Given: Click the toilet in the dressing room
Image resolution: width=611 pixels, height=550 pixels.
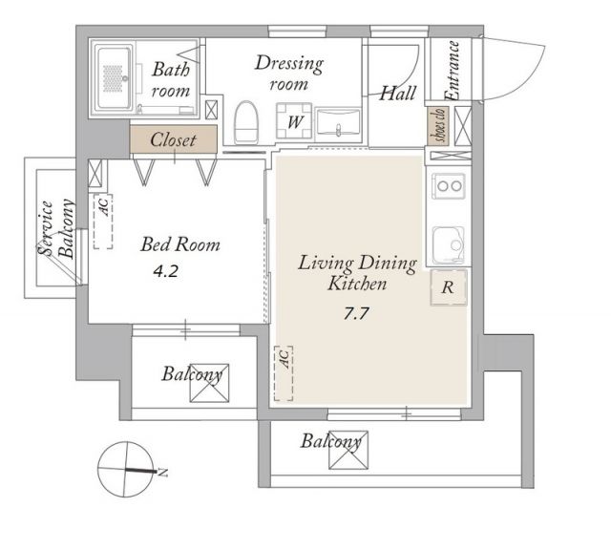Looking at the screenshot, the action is pyautogui.click(x=245, y=122).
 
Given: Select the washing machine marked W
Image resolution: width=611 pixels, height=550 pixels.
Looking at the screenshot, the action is pyautogui.click(x=294, y=121).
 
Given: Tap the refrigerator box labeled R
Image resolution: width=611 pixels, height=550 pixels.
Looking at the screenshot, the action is pyautogui.click(x=449, y=287).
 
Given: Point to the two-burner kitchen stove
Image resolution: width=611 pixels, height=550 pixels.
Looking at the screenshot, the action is pyautogui.click(x=449, y=186).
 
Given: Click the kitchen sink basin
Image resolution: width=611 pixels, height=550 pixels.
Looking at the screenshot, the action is pyautogui.click(x=449, y=244).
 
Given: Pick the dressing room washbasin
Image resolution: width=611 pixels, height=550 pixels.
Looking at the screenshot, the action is pyautogui.click(x=338, y=122).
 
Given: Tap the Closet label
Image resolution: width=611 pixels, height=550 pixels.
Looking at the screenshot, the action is pyautogui.click(x=173, y=140).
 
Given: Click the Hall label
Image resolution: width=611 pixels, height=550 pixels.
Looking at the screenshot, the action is pyautogui.click(x=397, y=94).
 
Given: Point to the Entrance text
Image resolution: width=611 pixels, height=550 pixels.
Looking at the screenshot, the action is pyautogui.click(x=453, y=71).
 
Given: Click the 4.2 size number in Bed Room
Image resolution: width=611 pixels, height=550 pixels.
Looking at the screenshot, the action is pyautogui.click(x=165, y=271).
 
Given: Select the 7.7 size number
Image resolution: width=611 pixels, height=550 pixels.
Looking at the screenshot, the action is pyautogui.click(x=356, y=313).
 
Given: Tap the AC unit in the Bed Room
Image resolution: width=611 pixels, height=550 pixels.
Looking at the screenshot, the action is pyautogui.click(x=103, y=222).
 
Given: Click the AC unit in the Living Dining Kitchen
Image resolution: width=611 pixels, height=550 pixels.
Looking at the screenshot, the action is pyautogui.click(x=284, y=373).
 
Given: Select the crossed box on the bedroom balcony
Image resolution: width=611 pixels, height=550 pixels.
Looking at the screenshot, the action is pyautogui.click(x=209, y=383).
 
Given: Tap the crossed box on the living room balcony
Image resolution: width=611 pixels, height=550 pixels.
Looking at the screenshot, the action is pyautogui.click(x=348, y=450).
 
